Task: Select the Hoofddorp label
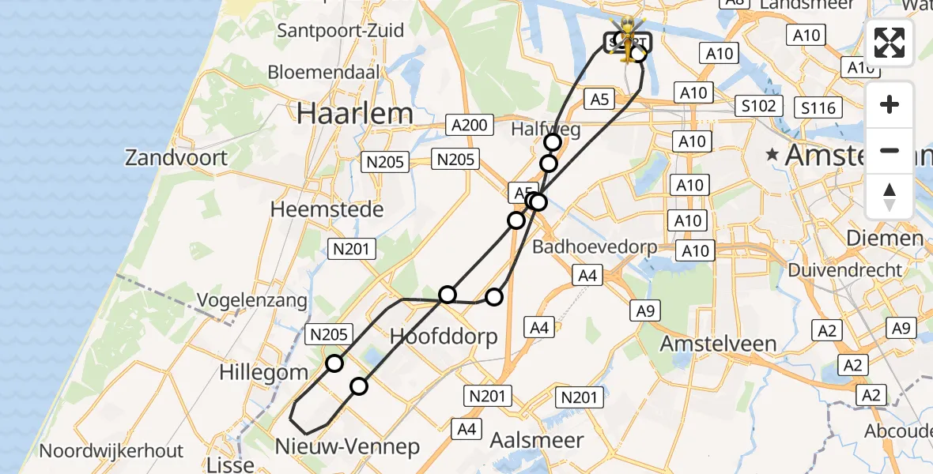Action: [444, 337]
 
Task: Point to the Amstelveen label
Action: [718, 344]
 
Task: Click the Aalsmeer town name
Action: [536, 440]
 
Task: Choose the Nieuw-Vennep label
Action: [347, 447]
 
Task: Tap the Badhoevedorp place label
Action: [595, 247]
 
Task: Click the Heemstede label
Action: [327, 209]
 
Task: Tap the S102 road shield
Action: [758, 106]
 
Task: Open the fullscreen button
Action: [890, 43]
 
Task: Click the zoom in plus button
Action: [890, 104]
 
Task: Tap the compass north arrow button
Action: [890, 196]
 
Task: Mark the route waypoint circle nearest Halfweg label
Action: [553, 142]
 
